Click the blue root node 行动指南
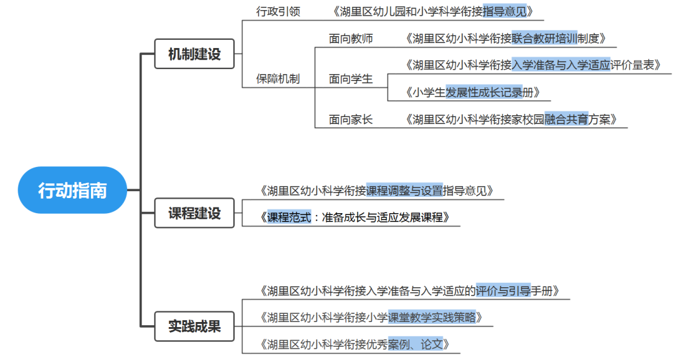coord(73,190)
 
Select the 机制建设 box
coord(194,54)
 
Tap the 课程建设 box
coord(194,213)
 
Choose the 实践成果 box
coord(194,326)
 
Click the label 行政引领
coord(278,11)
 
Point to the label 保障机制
coord(278,79)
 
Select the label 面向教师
coord(351,39)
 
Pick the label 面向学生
coord(351,79)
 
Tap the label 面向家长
coord(351,119)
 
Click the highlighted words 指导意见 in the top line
coord(504,11)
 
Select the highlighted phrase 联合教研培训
coord(545,39)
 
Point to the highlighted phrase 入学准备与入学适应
coord(561,65)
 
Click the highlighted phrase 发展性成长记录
coord(484,92)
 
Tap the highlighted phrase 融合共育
coord(566,119)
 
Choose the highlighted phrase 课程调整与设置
coord(404,190)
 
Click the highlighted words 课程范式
coord(289,218)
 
